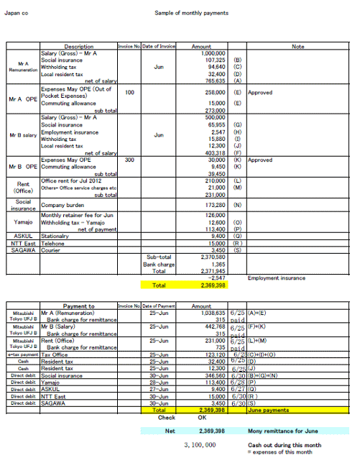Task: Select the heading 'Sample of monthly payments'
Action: click(191, 13)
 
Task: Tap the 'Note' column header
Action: click(298, 46)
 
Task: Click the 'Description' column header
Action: click(79, 46)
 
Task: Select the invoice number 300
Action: click(129, 160)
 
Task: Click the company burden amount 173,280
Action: click(215, 205)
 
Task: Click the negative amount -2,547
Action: click(216, 277)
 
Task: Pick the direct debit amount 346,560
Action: click(215, 375)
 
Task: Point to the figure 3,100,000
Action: click(200, 445)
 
